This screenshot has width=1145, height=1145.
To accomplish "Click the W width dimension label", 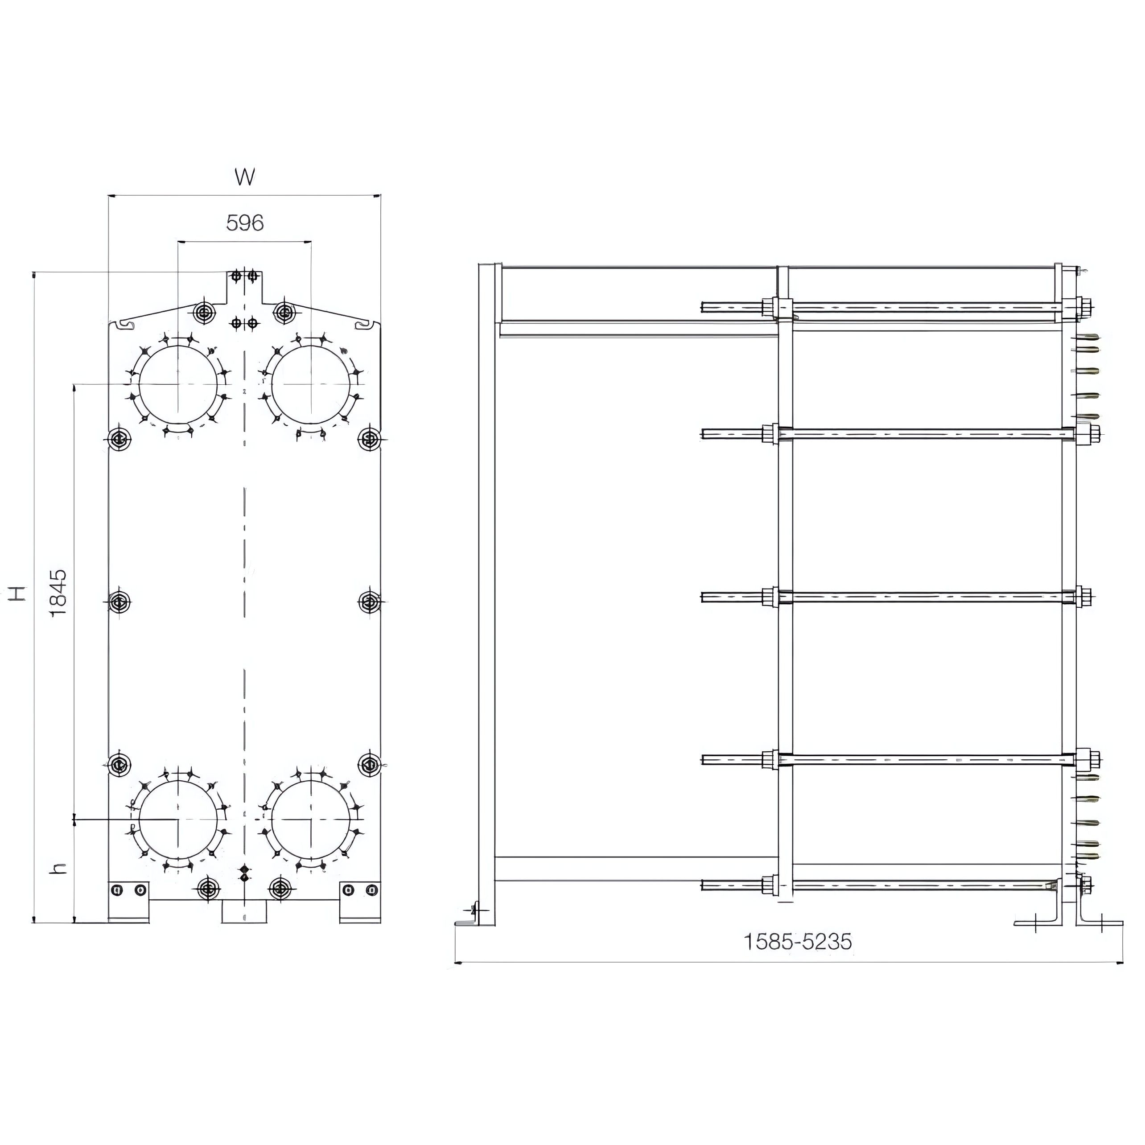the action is coord(245,177).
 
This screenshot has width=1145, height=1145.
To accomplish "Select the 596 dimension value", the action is coord(245,223).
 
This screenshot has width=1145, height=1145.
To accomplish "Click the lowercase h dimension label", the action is coord(58,868).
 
